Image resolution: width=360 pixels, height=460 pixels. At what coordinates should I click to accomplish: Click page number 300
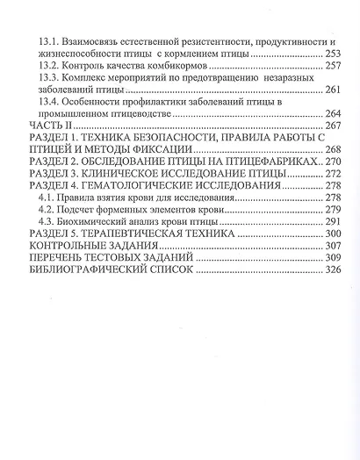[x=330, y=236]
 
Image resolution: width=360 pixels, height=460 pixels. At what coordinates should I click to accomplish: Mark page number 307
[x=330, y=248]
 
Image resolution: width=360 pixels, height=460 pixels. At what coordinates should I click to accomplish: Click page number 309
[x=330, y=261]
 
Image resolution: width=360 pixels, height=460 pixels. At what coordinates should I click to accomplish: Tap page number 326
[x=330, y=273]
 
